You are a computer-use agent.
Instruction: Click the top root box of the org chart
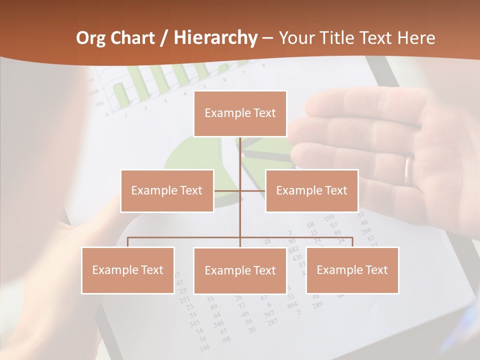coord(240,113)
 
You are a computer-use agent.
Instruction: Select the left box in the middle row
coord(167,190)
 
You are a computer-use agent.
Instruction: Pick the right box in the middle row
coord(311,190)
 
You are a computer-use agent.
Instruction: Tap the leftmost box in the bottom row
coord(128,270)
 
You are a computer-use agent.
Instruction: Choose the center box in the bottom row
coord(240,270)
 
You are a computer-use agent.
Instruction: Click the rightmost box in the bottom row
coord(352,270)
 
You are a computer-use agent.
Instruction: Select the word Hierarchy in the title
coord(215,38)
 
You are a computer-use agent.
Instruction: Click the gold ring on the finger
coord(408,170)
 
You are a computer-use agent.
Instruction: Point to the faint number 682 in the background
coord(294,249)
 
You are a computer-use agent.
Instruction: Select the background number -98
coord(226,339)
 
